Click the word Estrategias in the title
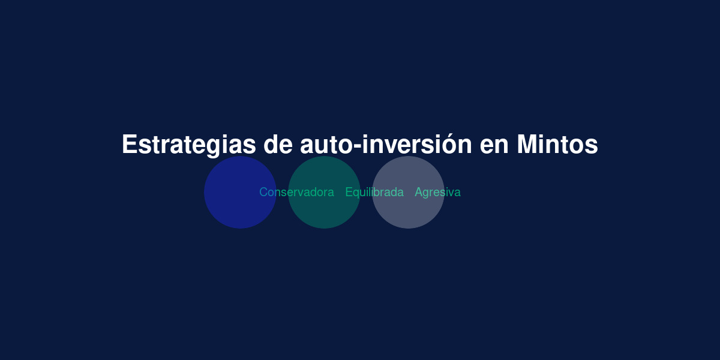189,145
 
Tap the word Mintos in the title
557,145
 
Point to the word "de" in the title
278,145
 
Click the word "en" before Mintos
494,146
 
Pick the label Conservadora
296,192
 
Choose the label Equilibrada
374,193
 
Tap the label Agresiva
438,193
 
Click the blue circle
240,192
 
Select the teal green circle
324,192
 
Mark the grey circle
408,192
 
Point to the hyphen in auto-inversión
358,146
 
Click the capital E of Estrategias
130,145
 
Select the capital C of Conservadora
263,192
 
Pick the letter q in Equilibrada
356,194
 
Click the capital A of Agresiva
419,192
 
